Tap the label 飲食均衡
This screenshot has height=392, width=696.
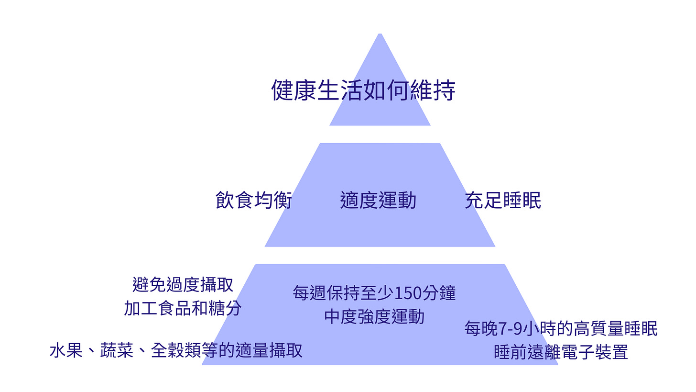coord(254,201)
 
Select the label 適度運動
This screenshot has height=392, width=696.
coord(378,201)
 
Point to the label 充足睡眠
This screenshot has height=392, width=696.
coord(503,201)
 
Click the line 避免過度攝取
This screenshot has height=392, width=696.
coord(183,285)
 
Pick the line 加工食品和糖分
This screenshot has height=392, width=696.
coord(183,309)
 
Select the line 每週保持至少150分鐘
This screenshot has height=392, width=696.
coord(374,293)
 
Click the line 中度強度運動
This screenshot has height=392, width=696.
coord(374,317)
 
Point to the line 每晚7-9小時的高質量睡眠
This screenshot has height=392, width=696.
coord(561,329)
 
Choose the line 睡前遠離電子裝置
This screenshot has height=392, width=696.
coord(561,353)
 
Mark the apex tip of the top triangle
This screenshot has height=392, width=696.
coord(380,34)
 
